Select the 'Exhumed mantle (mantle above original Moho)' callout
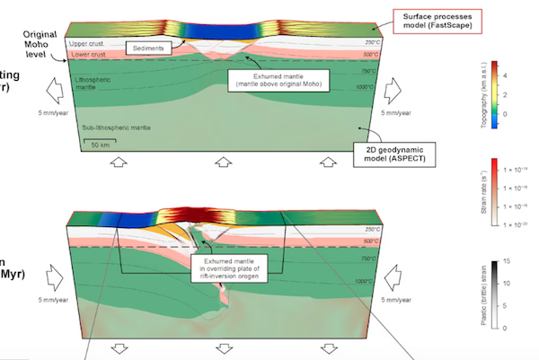(x=278, y=82)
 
